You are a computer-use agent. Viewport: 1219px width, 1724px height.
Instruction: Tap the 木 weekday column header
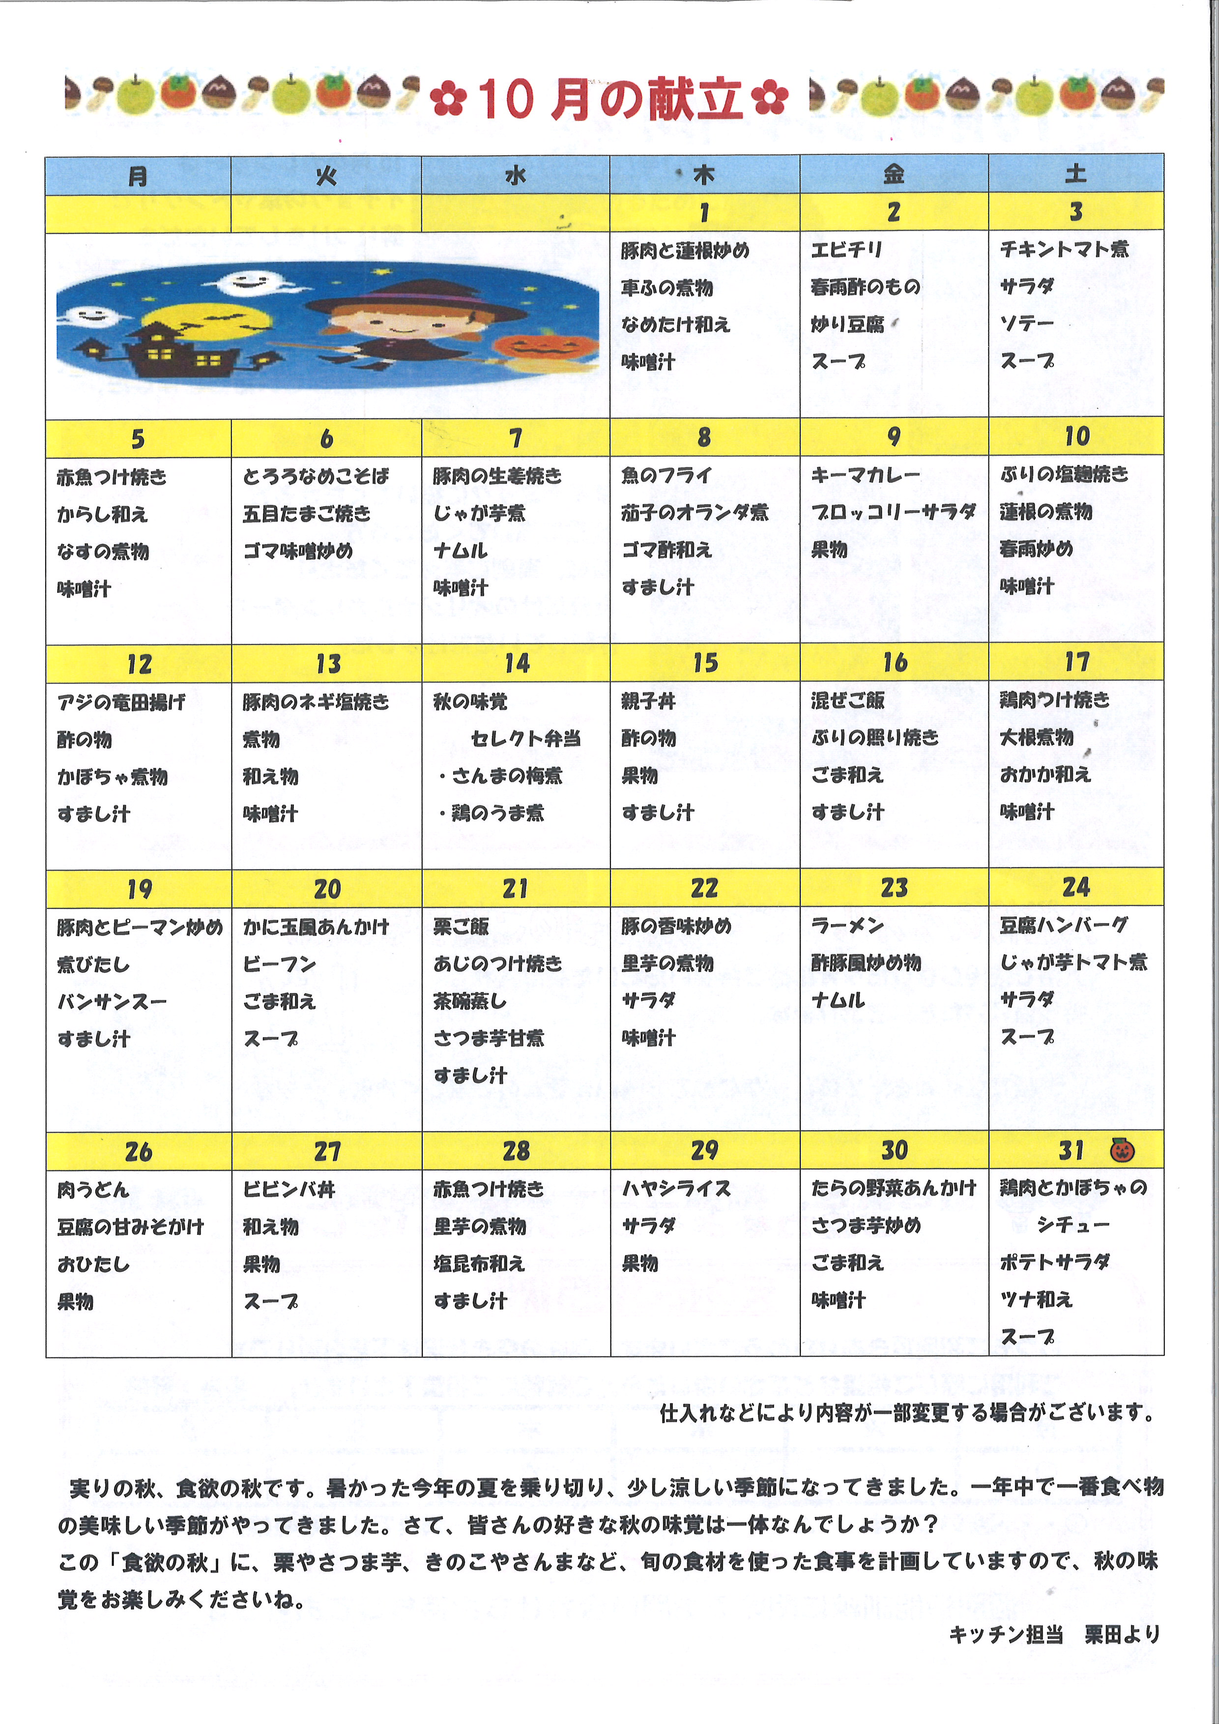coord(703,175)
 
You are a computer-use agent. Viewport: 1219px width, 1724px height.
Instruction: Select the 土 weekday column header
coord(1075,174)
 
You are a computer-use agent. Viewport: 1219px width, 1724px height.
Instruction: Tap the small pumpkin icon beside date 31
coord(1121,1150)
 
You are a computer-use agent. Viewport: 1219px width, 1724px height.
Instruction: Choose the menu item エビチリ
coord(846,249)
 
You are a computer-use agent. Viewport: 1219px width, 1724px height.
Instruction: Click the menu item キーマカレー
coord(865,474)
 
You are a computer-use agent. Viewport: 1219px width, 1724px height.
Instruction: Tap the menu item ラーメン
coord(847,926)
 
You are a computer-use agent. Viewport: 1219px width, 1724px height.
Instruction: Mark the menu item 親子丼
coord(648,701)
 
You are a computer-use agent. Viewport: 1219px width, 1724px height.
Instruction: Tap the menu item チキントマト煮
coord(1064,249)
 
